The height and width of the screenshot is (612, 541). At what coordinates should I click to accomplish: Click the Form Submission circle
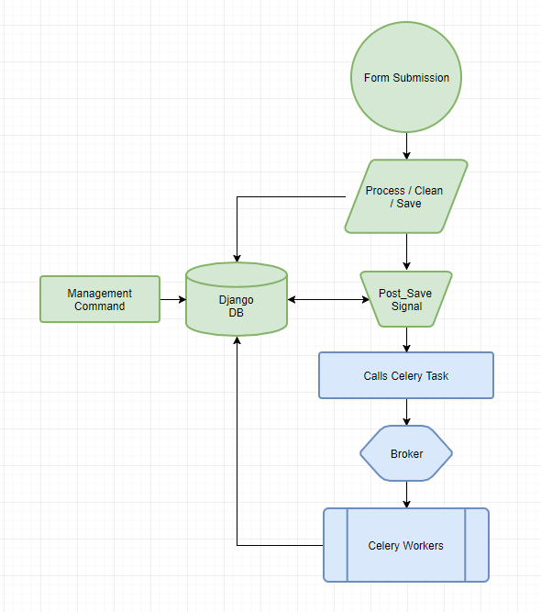coord(406,77)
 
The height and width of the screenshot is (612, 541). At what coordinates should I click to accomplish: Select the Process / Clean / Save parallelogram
coord(405,196)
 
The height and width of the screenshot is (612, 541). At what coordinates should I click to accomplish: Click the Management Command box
coord(100,299)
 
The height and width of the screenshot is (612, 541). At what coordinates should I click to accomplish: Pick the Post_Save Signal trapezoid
coord(406,299)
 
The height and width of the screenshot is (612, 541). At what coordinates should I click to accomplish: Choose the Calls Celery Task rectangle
coord(406,375)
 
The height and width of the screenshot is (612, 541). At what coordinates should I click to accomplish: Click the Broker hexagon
coord(406,453)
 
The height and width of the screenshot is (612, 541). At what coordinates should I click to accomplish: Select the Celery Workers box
coord(406,545)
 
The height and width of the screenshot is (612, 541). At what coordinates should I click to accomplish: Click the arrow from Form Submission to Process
coord(406,146)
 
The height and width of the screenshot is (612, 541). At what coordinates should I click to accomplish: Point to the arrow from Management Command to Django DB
coord(172,299)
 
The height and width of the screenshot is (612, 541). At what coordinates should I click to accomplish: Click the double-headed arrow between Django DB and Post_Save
coord(325,299)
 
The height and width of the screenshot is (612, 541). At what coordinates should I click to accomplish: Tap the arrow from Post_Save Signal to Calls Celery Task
coord(406,339)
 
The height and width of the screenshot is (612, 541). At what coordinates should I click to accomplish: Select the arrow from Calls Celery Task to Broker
coord(406,412)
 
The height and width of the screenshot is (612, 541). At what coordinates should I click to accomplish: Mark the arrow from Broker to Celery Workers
coord(406,495)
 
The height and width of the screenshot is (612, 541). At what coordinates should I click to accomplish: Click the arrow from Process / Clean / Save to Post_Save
coord(406,251)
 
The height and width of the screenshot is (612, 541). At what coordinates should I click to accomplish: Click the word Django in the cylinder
coord(236,300)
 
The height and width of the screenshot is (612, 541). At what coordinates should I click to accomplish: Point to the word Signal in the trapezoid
coord(406,306)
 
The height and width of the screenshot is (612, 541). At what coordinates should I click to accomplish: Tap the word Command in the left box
coord(100,306)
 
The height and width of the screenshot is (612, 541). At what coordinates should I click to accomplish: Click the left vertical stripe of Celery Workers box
coord(335,545)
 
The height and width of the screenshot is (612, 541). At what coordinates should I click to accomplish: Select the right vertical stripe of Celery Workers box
coord(477,545)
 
